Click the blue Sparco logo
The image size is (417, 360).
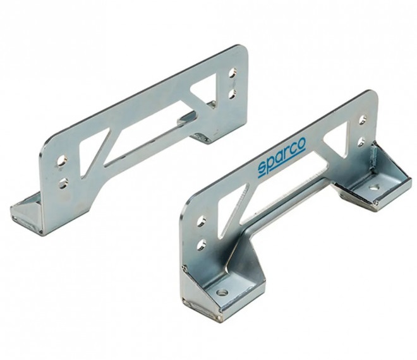click(281, 157)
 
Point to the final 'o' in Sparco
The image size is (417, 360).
click(301, 144)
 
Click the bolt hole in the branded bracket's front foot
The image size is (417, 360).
click(222, 292)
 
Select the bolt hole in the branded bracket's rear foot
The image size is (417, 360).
click(373, 188)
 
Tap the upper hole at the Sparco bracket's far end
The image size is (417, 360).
click(363, 119)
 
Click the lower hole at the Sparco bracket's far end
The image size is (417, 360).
click(361, 141)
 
